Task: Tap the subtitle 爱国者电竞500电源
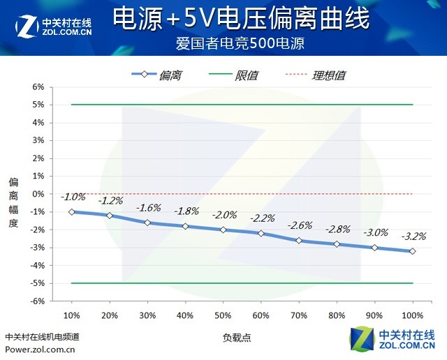pos(241,43)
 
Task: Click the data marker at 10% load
pos(72,211)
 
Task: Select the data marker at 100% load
pos(413,251)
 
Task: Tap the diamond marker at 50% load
pos(223,230)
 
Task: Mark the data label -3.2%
pos(413,236)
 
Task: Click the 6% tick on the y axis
pos(38,87)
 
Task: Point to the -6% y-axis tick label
pos(36,301)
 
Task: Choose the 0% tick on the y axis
pos(38,194)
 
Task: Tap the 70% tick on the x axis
pos(299,315)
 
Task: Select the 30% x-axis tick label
pos(147,315)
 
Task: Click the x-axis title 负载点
pos(237,337)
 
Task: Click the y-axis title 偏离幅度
pos(13,202)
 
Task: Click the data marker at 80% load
pos(337,244)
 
